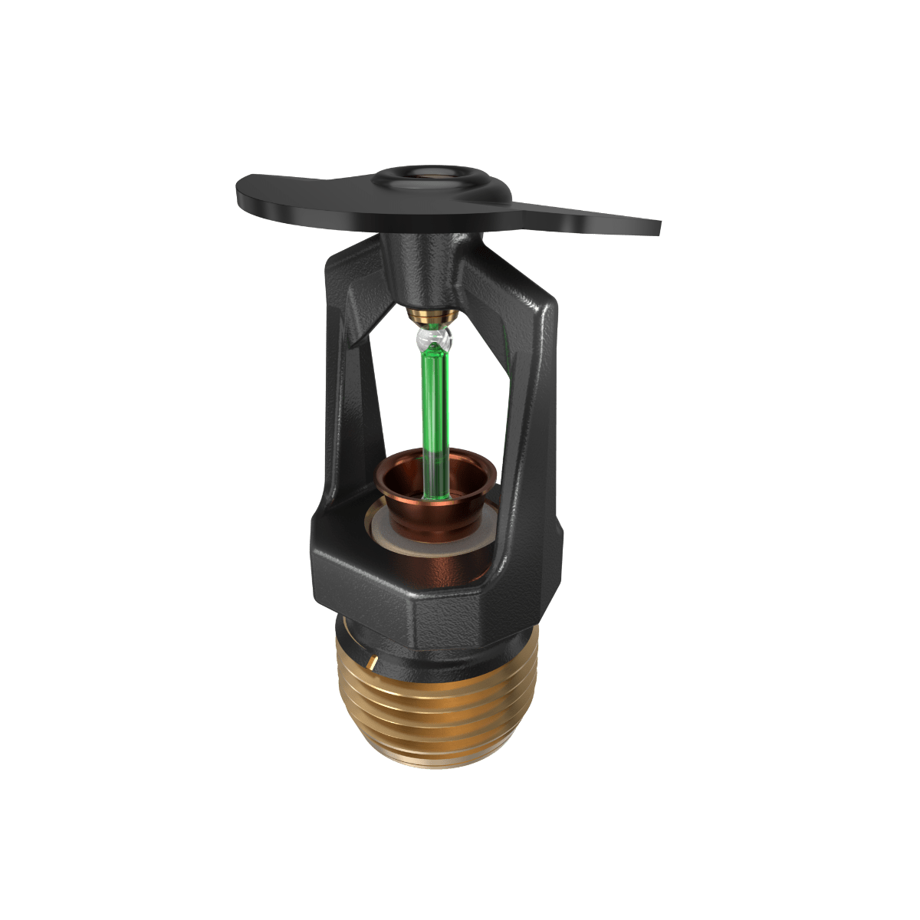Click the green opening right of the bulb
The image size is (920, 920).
(x=479, y=399)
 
